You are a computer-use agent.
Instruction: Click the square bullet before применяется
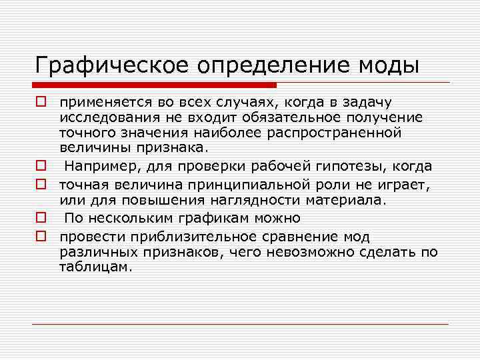click(41, 102)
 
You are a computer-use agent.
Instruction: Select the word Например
click(102, 165)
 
